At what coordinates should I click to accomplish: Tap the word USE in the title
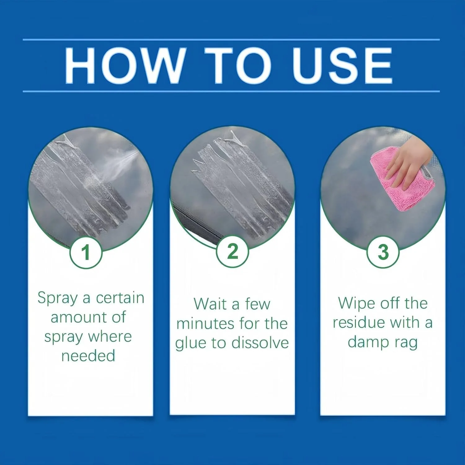click(342, 65)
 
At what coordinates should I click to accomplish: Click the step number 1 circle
click(86, 252)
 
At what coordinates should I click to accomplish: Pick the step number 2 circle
click(232, 251)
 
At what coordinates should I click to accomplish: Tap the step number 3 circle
click(383, 252)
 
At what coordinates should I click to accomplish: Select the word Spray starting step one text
click(57, 299)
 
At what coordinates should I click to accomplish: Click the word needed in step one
click(88, 356)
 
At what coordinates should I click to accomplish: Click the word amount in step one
click(77, 318)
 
